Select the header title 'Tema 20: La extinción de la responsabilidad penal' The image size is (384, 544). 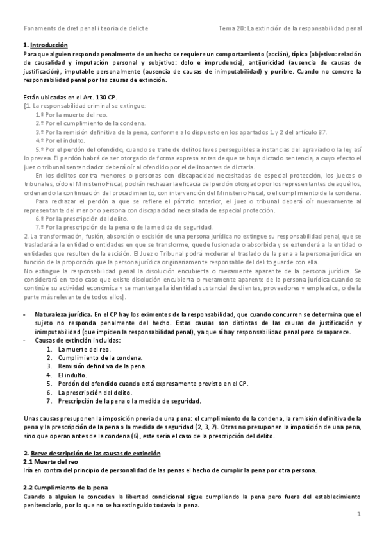(x=290, y=28)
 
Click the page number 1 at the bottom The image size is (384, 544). (x=359, y=514)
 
